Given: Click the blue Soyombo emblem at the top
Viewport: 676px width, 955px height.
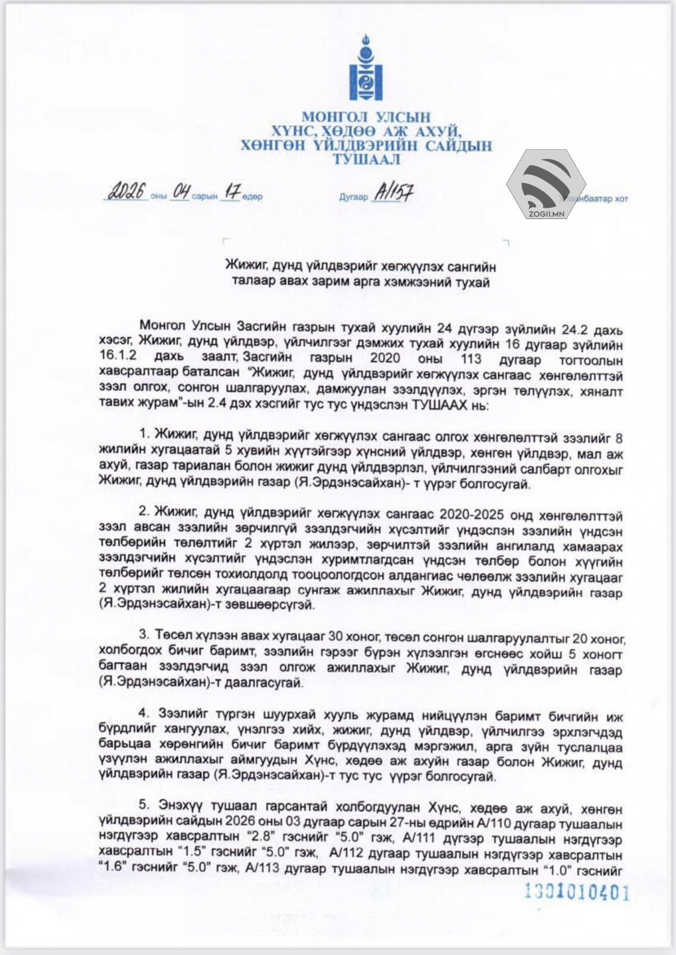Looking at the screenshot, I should click(x=366, y=67).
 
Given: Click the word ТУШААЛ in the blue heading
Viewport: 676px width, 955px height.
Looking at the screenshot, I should click(x=366, y=159).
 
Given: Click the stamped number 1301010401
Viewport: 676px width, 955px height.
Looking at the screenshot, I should click(x=577, y=892).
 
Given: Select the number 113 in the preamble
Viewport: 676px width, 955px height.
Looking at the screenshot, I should click(x=471, y=360).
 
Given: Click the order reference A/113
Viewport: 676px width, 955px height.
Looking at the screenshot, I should click(x=260, y=870).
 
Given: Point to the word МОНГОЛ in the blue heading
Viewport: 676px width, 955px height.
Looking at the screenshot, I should click(x=333, y=117).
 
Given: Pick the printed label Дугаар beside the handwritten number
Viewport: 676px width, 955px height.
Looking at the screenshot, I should click(x=354, y=197).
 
